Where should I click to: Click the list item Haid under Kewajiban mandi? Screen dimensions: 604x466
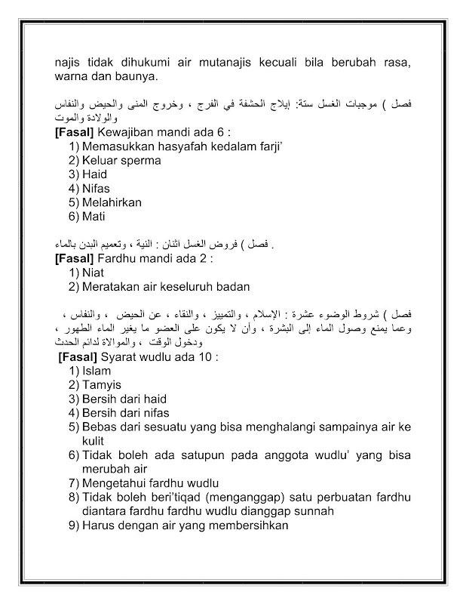pyautogui.click(x=96, y=174)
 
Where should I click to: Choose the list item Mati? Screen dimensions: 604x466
pyautogui.click(x=95, y=216)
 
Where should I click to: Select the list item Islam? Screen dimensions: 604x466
pyautogui.click(x=97, y=371)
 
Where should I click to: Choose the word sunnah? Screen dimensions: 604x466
pyautogui.click(x=312, y=510)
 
